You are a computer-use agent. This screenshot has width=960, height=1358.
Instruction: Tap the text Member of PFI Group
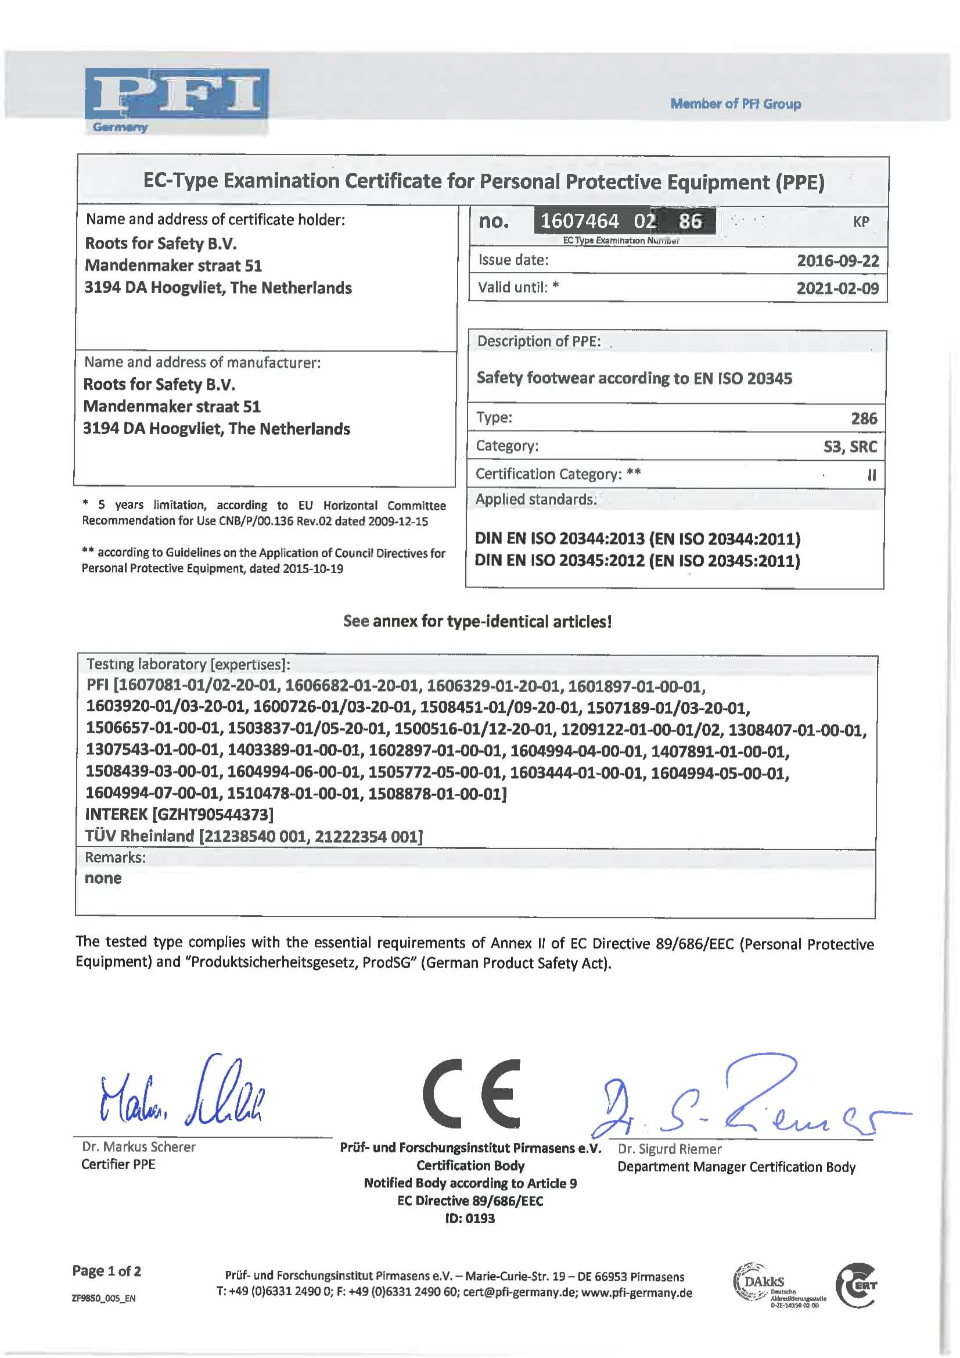(x=735, y=104)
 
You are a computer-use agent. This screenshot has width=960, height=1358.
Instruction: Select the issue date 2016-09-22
(x=837, y=261)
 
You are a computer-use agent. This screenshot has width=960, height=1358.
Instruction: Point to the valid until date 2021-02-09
(x=837, y=289)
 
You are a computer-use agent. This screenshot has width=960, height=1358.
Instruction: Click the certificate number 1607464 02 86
(x=624, y=221)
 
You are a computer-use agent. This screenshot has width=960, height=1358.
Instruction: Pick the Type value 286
(x=864, y=419)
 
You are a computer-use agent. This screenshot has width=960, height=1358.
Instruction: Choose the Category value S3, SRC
(x=850, y=446)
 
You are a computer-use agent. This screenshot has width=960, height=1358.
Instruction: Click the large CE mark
(x=472, y=1094)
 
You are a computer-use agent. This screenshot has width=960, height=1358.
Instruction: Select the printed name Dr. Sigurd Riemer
(x=669, y=1149)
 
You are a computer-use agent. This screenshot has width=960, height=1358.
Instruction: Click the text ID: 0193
(x=470, y=1219)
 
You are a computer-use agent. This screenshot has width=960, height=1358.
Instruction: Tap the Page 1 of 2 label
(x=106, y=1271)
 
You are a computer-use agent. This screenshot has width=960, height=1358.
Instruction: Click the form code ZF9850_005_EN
(x=103, y=1298)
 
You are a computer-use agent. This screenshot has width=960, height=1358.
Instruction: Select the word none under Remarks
(x=103, y=879)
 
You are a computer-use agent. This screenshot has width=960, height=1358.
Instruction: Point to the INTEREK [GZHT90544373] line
(x=179, y=815)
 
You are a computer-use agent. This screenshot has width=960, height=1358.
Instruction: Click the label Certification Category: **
(x=558, y=474)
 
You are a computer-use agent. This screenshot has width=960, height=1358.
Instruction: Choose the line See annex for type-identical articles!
(x=477, y=621)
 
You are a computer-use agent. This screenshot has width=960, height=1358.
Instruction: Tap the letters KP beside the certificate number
(x=861, y=222)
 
